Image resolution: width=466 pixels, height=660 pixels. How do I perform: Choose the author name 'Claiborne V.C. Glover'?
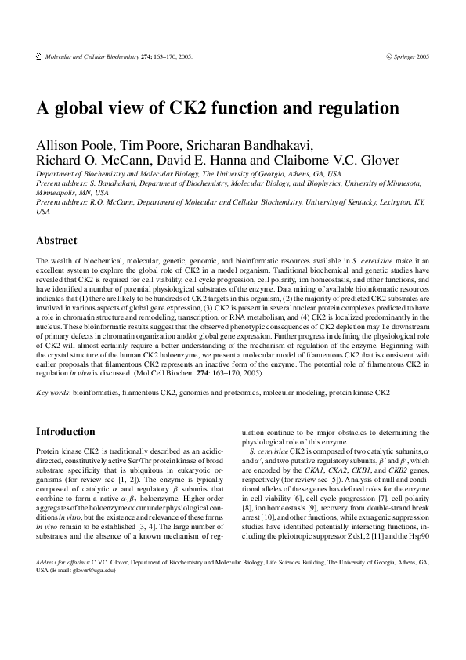[334, 161]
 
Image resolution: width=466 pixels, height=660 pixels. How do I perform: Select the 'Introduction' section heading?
[66, 432]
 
